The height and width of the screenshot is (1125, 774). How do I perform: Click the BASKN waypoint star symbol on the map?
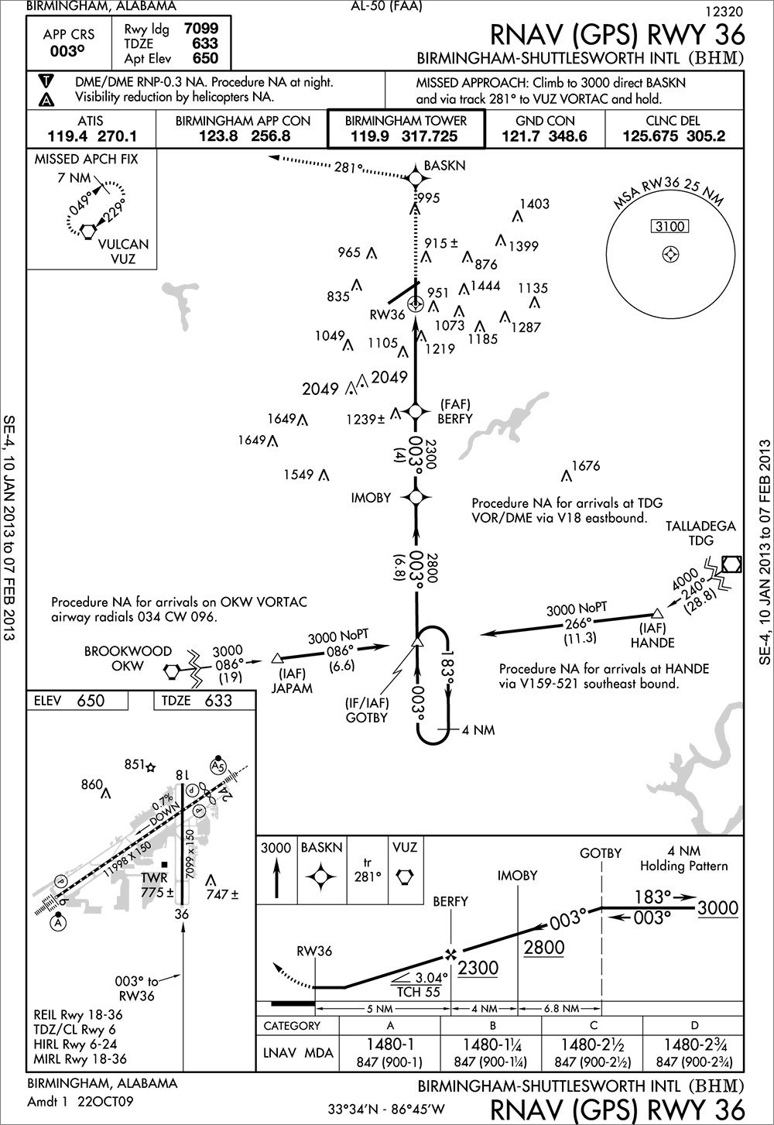[x=416, y=179]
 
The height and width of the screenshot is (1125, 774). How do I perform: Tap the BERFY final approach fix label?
[x=455, y=418]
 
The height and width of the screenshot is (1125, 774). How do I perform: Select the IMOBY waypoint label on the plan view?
[x=371, y=498]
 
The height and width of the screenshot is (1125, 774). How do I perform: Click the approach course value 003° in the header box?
[x=68, y=51]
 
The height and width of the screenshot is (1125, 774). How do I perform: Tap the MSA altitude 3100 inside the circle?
[x=670, y=227]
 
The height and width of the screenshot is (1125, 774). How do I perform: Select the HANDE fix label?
[x=652, y=642]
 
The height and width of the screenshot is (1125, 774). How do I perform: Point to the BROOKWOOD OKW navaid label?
[x=128, y=658]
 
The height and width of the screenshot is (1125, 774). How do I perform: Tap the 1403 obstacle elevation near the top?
[x=534, y=204]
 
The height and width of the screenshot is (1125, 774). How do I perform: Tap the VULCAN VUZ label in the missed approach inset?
[x=123, y=252]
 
